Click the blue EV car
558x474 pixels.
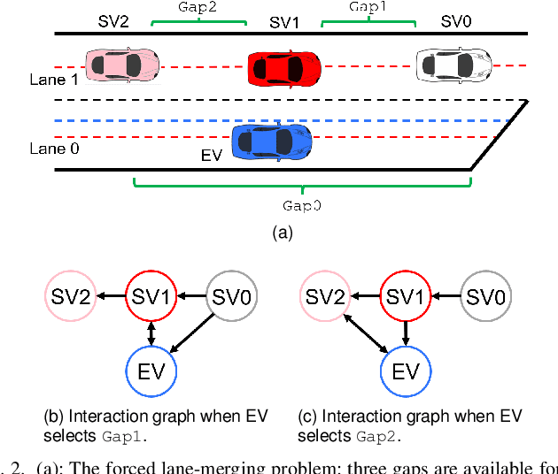272,141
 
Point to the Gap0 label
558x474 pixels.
302,204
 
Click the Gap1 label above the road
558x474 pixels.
367,7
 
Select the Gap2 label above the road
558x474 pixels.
198,7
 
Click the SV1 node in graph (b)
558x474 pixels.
151,295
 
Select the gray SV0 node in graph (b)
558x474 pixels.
231,295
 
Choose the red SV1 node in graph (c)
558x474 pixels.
405,295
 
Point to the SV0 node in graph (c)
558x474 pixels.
486,295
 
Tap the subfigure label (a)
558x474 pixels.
281,233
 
